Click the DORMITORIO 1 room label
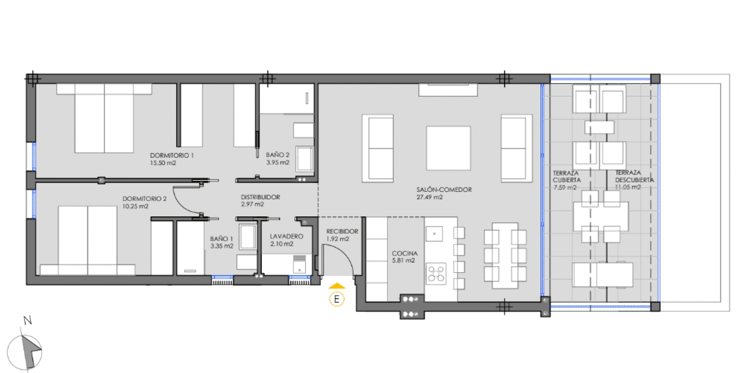(172, 155)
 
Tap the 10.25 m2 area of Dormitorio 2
(135, 206)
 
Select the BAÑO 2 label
(277, 155)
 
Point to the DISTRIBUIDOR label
(260, 197)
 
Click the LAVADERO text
(287, 237)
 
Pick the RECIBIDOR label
(342, 232)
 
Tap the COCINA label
(405, 253)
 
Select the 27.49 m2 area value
(429, 197)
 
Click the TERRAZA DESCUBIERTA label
(634, 176)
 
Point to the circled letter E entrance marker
(337, 299)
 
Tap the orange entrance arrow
(337, 286)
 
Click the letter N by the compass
(28, 321)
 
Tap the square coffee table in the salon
(448, 148)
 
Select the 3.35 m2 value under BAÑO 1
(222, 246)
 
